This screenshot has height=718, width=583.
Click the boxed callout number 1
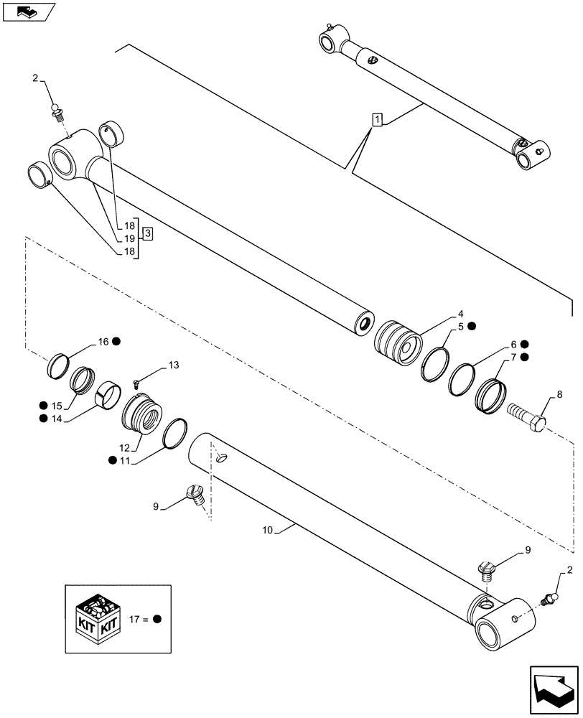click(377, 119)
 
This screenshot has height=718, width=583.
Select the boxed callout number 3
click(146, 233)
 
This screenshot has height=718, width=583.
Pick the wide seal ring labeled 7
click(492, 393)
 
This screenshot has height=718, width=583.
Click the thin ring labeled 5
click(434, 363)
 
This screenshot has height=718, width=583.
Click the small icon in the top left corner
click(28, 11)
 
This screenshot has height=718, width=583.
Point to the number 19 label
click(130, 238)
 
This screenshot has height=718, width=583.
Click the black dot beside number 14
click(45, 419)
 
